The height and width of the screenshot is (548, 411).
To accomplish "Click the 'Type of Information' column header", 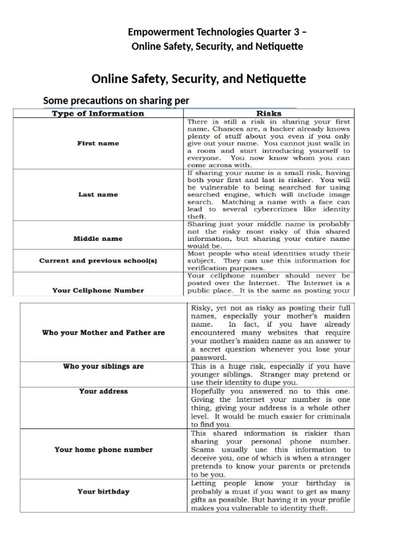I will coord(97,113).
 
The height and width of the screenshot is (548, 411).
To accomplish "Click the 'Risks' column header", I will coord(269,113).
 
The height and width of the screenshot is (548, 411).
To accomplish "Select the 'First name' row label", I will coord(98,143).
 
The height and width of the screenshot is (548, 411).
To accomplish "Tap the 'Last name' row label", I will coord(98,195).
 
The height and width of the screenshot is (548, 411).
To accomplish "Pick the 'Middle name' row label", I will coord(98,239).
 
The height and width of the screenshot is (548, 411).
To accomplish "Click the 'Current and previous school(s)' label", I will coord(98,261).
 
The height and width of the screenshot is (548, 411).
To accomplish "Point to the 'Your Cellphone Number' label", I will coord(98,290).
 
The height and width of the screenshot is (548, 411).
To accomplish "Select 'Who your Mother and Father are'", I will coord(103,332).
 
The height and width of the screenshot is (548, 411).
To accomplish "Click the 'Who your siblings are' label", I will coord(103,367).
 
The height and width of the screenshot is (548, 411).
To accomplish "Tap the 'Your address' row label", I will coord(103,391).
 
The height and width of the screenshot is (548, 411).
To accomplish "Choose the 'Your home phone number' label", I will coord(103,450).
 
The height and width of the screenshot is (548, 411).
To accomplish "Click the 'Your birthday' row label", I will coord(103,491).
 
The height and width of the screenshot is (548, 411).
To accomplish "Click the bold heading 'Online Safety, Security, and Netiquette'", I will coord(199,79).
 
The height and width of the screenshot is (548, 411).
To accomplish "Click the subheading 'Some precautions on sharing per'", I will coord(116,101).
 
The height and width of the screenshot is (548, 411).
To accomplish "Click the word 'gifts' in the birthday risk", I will coord(201,500).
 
